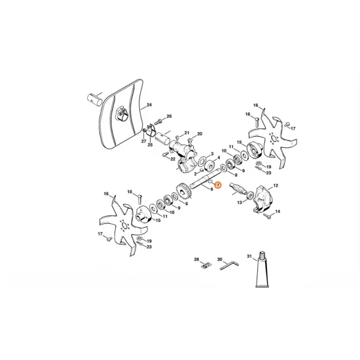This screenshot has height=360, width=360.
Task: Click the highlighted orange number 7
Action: point(219,186)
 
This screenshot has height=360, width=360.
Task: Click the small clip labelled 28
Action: point(203,265)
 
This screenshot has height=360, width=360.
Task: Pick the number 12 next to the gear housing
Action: point(276,187)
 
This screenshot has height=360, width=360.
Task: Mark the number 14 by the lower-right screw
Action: point(278,211)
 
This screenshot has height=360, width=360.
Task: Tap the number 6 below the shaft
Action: point(211,189)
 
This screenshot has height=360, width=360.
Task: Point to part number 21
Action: point(187,132)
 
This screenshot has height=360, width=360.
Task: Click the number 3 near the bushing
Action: point(211,153)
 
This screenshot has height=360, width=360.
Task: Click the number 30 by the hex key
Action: point(220,259)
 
